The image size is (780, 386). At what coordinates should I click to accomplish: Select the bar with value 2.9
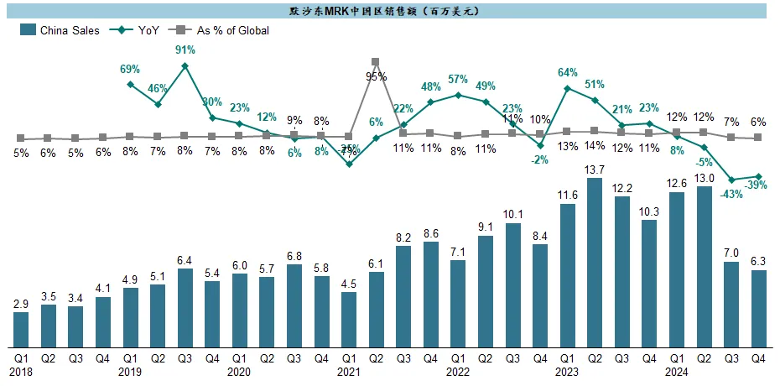21,330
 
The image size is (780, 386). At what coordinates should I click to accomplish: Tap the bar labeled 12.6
676,269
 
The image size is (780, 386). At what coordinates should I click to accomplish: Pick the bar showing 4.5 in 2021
349,320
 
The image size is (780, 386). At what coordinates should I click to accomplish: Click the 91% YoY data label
185,50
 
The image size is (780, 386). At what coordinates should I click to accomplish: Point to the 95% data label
376,76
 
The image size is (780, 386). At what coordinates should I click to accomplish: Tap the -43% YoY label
731,194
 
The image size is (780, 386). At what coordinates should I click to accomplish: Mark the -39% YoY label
758,185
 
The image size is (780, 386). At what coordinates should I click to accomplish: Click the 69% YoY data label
130,69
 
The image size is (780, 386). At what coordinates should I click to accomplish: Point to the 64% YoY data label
567,72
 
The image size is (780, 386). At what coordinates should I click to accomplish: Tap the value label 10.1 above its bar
512,213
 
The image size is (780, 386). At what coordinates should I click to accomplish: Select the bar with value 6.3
758,308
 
